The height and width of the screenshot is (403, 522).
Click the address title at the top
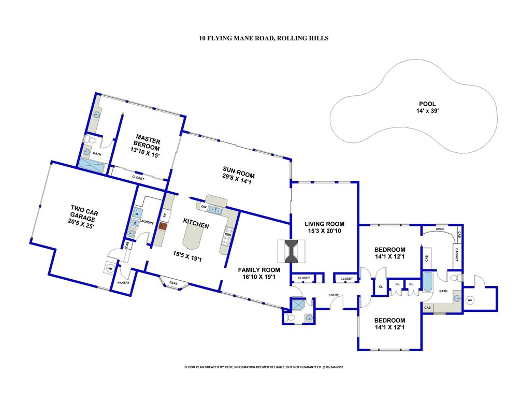pos(264,38)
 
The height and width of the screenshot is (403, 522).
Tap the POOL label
pos(427,104)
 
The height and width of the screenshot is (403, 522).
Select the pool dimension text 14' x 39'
pos(427,111)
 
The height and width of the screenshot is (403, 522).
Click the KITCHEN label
pos(196,225)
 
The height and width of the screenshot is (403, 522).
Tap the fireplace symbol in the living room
pos(292,252)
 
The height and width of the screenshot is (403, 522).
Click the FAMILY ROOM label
pos(259,270)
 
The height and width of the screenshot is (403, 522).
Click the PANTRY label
pos(124,283)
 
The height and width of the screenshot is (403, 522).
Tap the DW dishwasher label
pos(204,207)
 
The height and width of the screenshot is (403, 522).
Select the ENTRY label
pos(334,295)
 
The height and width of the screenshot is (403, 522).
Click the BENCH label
pos(441,229)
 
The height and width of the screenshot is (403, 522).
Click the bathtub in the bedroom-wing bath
pos(427,283)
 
